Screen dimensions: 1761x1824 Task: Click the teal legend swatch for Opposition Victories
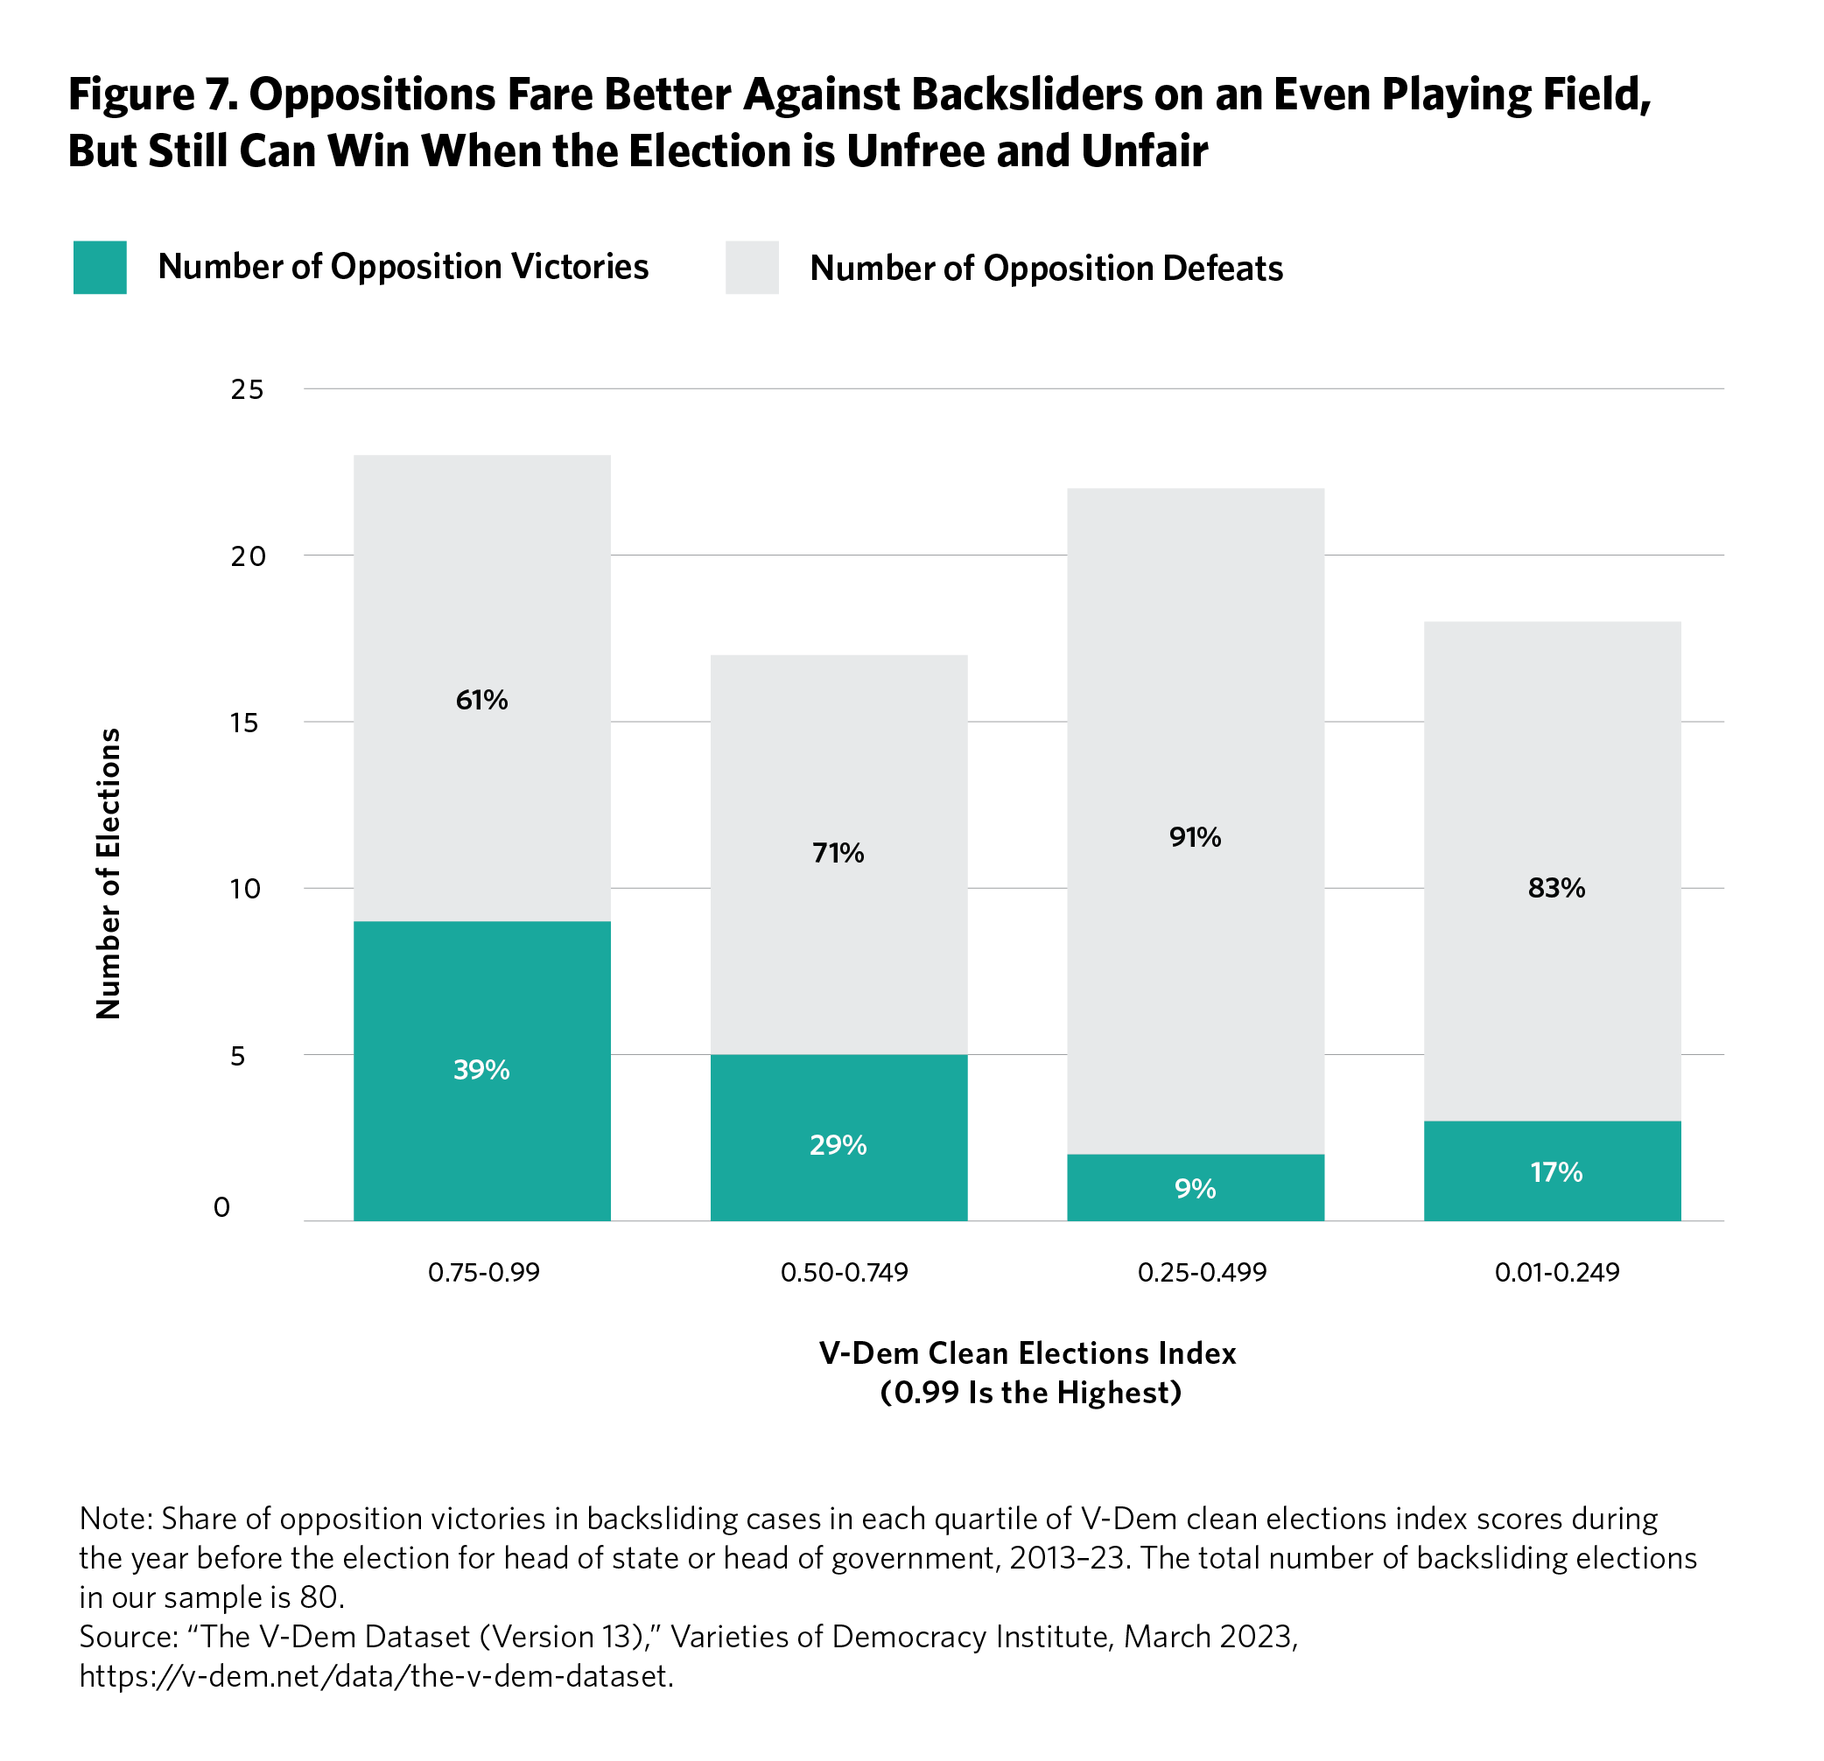(100, 268)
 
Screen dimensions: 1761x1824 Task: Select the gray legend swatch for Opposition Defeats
(752, 268)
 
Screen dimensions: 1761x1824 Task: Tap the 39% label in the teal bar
(481, 1070)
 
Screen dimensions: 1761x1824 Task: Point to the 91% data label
(1195, 837)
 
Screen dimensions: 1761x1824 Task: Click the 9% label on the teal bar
(1195, 1189)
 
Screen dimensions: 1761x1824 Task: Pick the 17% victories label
(1556, 1172)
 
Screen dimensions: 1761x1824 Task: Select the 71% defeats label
(838, 853)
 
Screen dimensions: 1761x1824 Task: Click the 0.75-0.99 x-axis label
(484, 1272)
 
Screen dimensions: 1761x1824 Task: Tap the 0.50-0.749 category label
(844, 1272)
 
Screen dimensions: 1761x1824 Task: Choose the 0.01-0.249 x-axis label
(1557, 1272)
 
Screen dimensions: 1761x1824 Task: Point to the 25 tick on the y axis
(248, 390)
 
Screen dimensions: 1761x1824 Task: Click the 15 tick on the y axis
(245, 723)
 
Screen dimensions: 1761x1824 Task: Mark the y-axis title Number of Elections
(109, 874)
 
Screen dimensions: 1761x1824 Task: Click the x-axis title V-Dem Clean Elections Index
(1027, 1352)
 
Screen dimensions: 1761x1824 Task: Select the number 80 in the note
(319, 1597)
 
